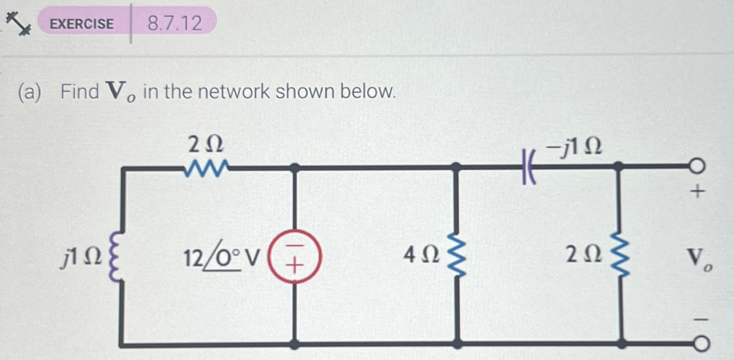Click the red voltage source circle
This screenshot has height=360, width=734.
(x=294, y=256)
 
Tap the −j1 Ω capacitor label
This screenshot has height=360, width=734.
(x=575, y=147)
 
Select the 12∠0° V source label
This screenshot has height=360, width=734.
(x=221, y=256)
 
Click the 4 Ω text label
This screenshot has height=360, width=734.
(x=421, y=256)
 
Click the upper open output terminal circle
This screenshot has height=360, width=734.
(x=697, y=167)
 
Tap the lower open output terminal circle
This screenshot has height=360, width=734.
(x=701, y=344)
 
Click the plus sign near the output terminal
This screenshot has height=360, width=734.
(x=697, y=192)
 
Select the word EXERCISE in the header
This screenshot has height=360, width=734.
(x=82, y=23)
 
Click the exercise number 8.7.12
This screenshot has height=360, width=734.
(x=175, y=23)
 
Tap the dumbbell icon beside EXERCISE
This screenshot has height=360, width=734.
(x=18, y=23)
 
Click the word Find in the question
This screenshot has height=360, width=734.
(x=80, y=92)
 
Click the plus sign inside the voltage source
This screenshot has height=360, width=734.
(x=294, y=267)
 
